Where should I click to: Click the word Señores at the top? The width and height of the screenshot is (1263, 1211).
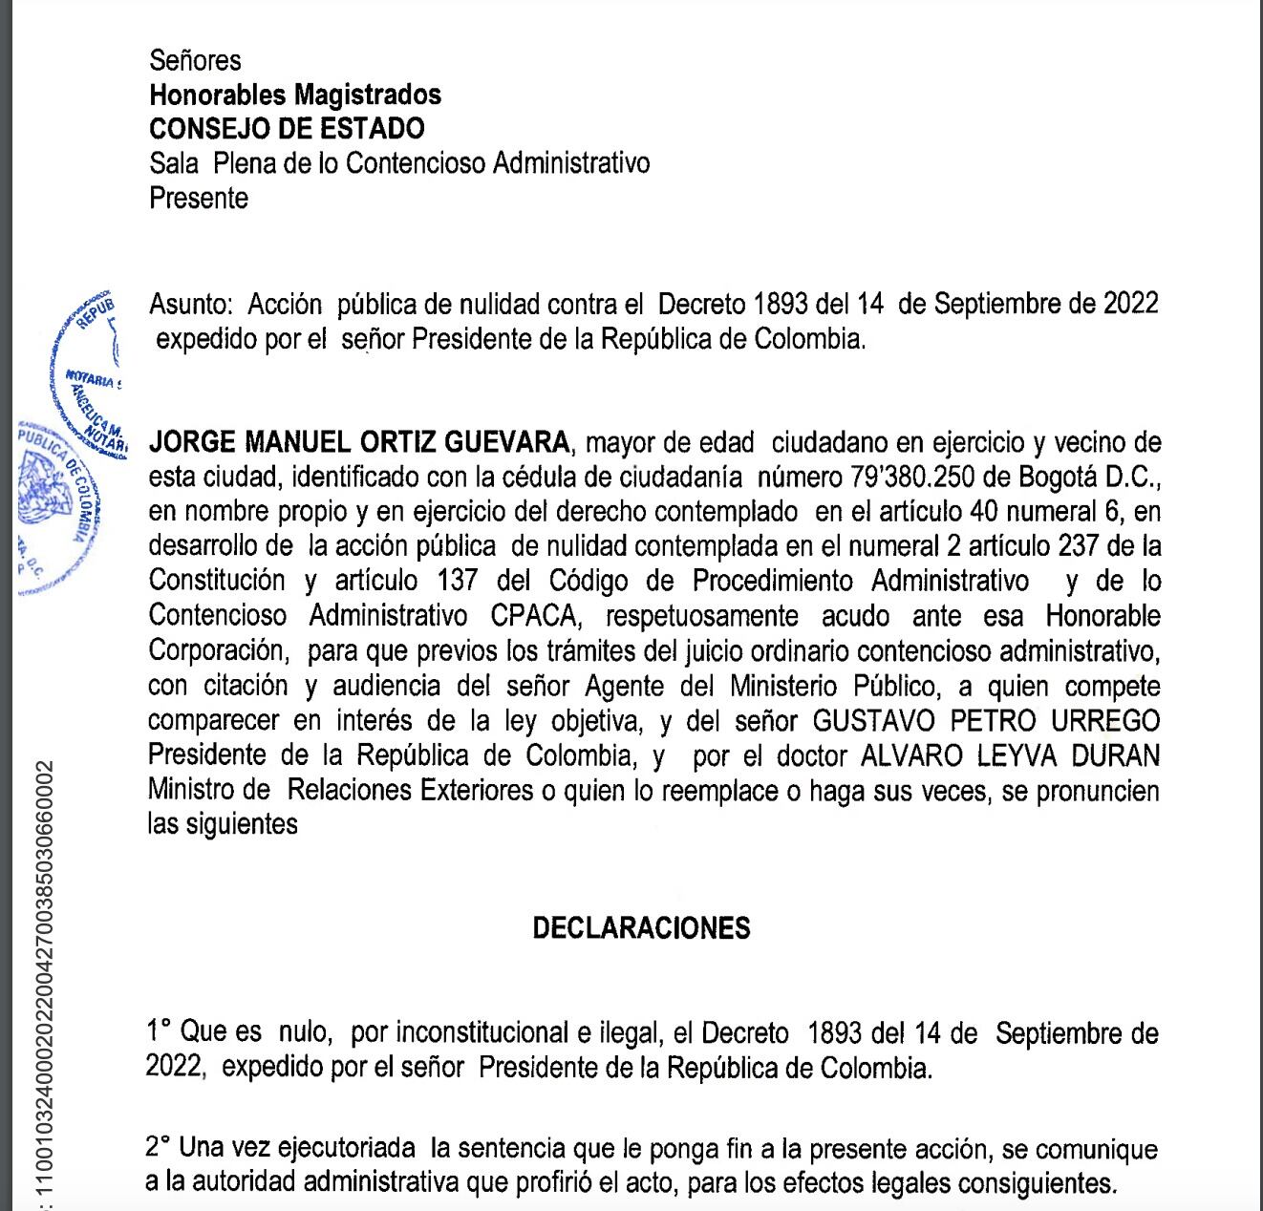(195, 61)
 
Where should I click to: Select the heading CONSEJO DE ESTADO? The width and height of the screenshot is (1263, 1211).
(287, 129)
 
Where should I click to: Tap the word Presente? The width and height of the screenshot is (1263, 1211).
(199, 199)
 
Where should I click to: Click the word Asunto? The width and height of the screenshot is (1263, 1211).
(190, 305)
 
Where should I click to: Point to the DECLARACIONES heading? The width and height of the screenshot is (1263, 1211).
(641, 928)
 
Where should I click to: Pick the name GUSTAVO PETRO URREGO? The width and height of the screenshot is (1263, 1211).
(986, 721)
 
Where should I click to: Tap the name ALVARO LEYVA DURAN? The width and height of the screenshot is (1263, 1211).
(1010, 756)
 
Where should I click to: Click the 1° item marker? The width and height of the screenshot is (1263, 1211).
(159, 1032)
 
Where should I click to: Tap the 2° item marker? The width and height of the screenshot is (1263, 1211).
(159, 1148)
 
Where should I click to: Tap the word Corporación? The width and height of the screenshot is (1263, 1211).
(217, 651)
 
